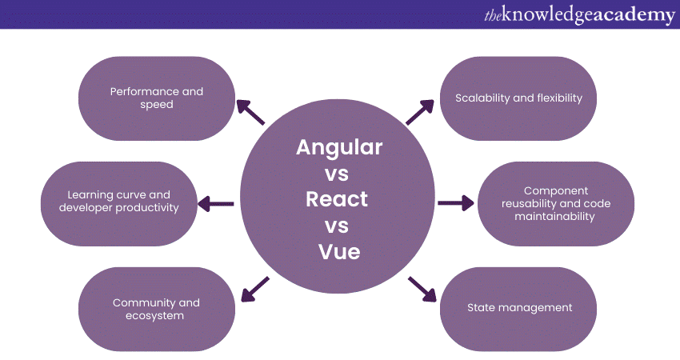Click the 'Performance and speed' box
tap(157, 98)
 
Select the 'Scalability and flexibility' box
tap(518, 98)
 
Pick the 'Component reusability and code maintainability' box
tap(555, 203)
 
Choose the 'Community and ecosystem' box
tap(157, 309)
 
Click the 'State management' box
tap(518, 307)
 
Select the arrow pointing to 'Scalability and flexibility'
tap(421, 111)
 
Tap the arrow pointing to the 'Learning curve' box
tap(216, 204)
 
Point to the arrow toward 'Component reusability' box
tap(456, 204)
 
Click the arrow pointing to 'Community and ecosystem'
tap(254, 289)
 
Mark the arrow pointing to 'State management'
tap(422, 290)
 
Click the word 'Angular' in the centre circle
tap(339, 148)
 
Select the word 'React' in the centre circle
tap(337, 198)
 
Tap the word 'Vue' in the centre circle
tap(339, 251)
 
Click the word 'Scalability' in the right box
tap(482, 98)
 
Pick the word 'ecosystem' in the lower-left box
tap(157, 315)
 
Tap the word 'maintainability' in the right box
tap(555, 216)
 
